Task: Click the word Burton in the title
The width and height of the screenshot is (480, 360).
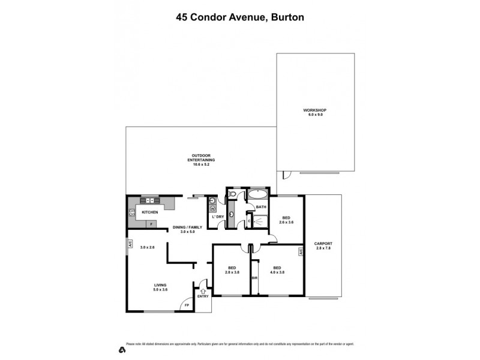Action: pyautogui.click(x=287, y=17)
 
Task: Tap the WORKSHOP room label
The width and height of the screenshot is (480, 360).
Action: pyautogui.click(x=314, y=110)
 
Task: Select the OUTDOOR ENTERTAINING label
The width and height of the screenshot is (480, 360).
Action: pyautogui.click(x=201, y=159)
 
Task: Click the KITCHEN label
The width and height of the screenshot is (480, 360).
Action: pyautogui.click(x=150, y=212)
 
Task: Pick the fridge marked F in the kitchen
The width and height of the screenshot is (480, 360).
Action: pyautogui.click(x=151, y=224)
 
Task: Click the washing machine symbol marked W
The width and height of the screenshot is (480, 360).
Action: pyautogui.click(x=212, y=209)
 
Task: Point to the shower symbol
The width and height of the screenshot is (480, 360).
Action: pyautogui.click(x=260, y=221)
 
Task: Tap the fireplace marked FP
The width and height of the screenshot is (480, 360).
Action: pyautogui.click(x=187, y=305)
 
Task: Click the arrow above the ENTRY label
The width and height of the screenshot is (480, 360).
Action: pyautogui.click(x=203, y=290)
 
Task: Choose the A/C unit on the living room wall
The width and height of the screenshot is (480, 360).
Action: pyautogui.click(x=129, y=244)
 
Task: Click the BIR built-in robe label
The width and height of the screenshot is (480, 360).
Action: pyautogui.click(x=255, y=278)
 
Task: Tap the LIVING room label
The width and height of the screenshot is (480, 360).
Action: pyautogui.click(x=160, y=285)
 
